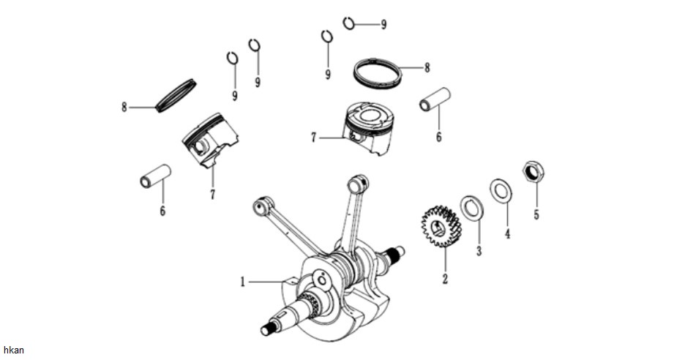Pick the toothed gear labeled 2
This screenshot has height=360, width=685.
click(x=441, y=226)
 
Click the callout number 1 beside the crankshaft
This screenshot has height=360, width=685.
click(x=243, y=282)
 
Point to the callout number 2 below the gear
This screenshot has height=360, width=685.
click(x=445, y=278)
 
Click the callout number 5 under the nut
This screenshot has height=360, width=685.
click(x=536, y=214)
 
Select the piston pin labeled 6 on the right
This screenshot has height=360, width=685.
click(x=435, y=100)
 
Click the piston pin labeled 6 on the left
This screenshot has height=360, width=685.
click(x=156, y=176)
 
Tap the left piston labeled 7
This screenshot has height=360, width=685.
click(x=210, y=140)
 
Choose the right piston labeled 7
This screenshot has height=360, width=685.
click(x=368, y=127)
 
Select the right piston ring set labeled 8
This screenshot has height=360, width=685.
click(x=377, y=73)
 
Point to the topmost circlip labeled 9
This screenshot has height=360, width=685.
click(x=348, y=23)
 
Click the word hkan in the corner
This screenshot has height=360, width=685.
click(x=14, y=350)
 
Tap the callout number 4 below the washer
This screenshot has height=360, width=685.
click(x=507, y=233)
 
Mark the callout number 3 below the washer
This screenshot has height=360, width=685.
click(x=479, y=251)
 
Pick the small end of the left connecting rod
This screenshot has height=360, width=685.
click(x=263, y=205)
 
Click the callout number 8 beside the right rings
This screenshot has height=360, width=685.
click(x=427, y=68)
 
